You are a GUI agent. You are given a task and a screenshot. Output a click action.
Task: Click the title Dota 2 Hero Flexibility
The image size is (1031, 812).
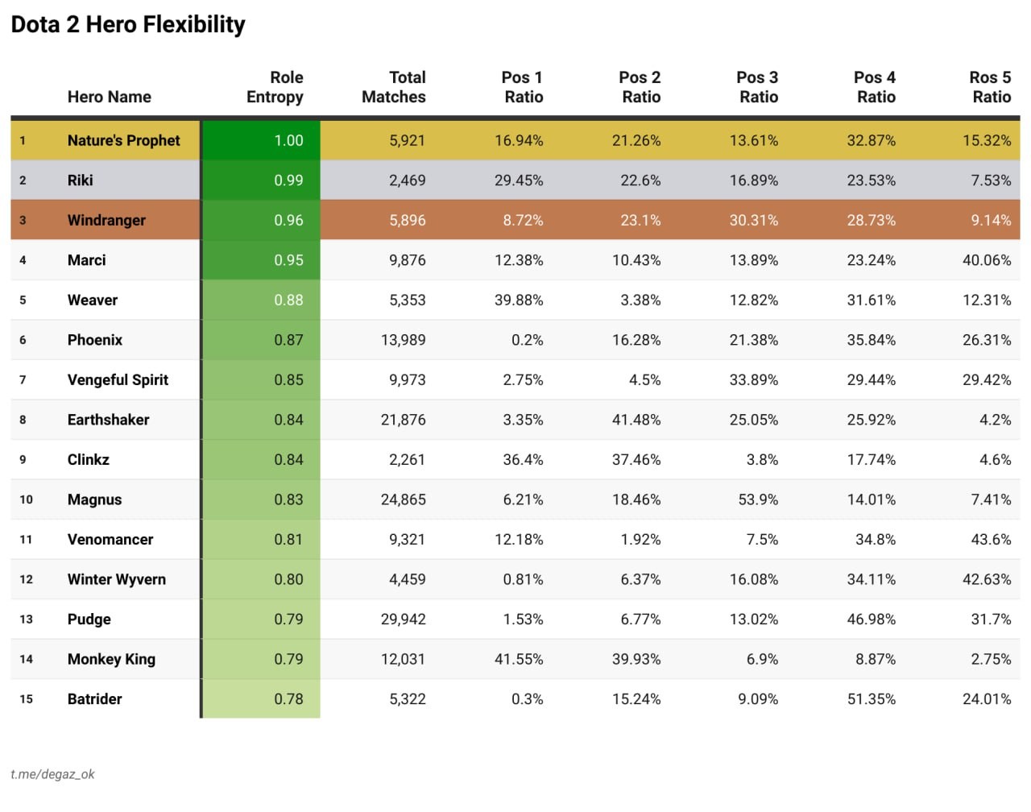tap(128, 25)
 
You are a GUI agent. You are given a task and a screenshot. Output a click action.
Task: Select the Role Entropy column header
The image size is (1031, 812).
tap(275, 87)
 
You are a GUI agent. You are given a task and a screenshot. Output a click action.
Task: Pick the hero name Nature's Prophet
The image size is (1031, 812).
tap(123, 140)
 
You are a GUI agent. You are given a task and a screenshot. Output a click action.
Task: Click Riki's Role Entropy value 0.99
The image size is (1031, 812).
tap(288, 180)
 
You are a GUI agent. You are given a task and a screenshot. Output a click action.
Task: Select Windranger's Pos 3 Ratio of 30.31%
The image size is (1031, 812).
tap(753, 220)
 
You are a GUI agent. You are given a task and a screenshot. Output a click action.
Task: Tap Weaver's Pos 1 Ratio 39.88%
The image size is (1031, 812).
tap(519, 300)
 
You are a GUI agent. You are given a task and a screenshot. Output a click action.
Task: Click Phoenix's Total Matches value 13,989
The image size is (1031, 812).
tap(403, 340)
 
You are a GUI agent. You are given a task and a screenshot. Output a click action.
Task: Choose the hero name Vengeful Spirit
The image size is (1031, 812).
tap(118, 379)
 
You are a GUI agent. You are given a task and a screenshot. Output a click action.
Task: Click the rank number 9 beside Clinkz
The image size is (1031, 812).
tap(23, 460)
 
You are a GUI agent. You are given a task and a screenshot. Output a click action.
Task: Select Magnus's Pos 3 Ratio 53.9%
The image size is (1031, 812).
tap(758, 499)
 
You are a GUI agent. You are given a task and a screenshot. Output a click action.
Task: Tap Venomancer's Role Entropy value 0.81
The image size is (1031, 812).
tap(288, 540)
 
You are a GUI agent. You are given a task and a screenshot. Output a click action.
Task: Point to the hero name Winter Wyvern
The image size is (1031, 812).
tap(116, 579)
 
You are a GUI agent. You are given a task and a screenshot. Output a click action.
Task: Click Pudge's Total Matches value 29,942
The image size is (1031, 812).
tap(403, 619)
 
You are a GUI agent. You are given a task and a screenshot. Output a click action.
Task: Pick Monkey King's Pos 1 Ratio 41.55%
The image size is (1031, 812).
tap(519, 659)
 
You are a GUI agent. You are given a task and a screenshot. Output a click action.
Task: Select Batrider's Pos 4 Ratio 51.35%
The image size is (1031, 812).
tap(871, 699)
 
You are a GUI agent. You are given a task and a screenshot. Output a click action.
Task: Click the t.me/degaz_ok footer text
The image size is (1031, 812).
tap(52, 774)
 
